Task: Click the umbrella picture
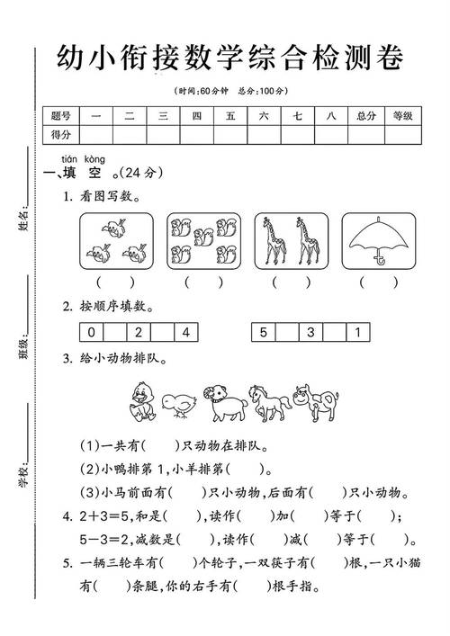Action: [378, 242]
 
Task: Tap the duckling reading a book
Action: [142, 401]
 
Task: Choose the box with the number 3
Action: [310, 332]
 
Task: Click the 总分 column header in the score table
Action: [365, 116]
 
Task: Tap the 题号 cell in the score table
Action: [61, 116]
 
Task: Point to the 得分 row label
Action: [61, 134]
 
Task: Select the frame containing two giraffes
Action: [290, 241]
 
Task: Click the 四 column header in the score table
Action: [197, 116]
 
